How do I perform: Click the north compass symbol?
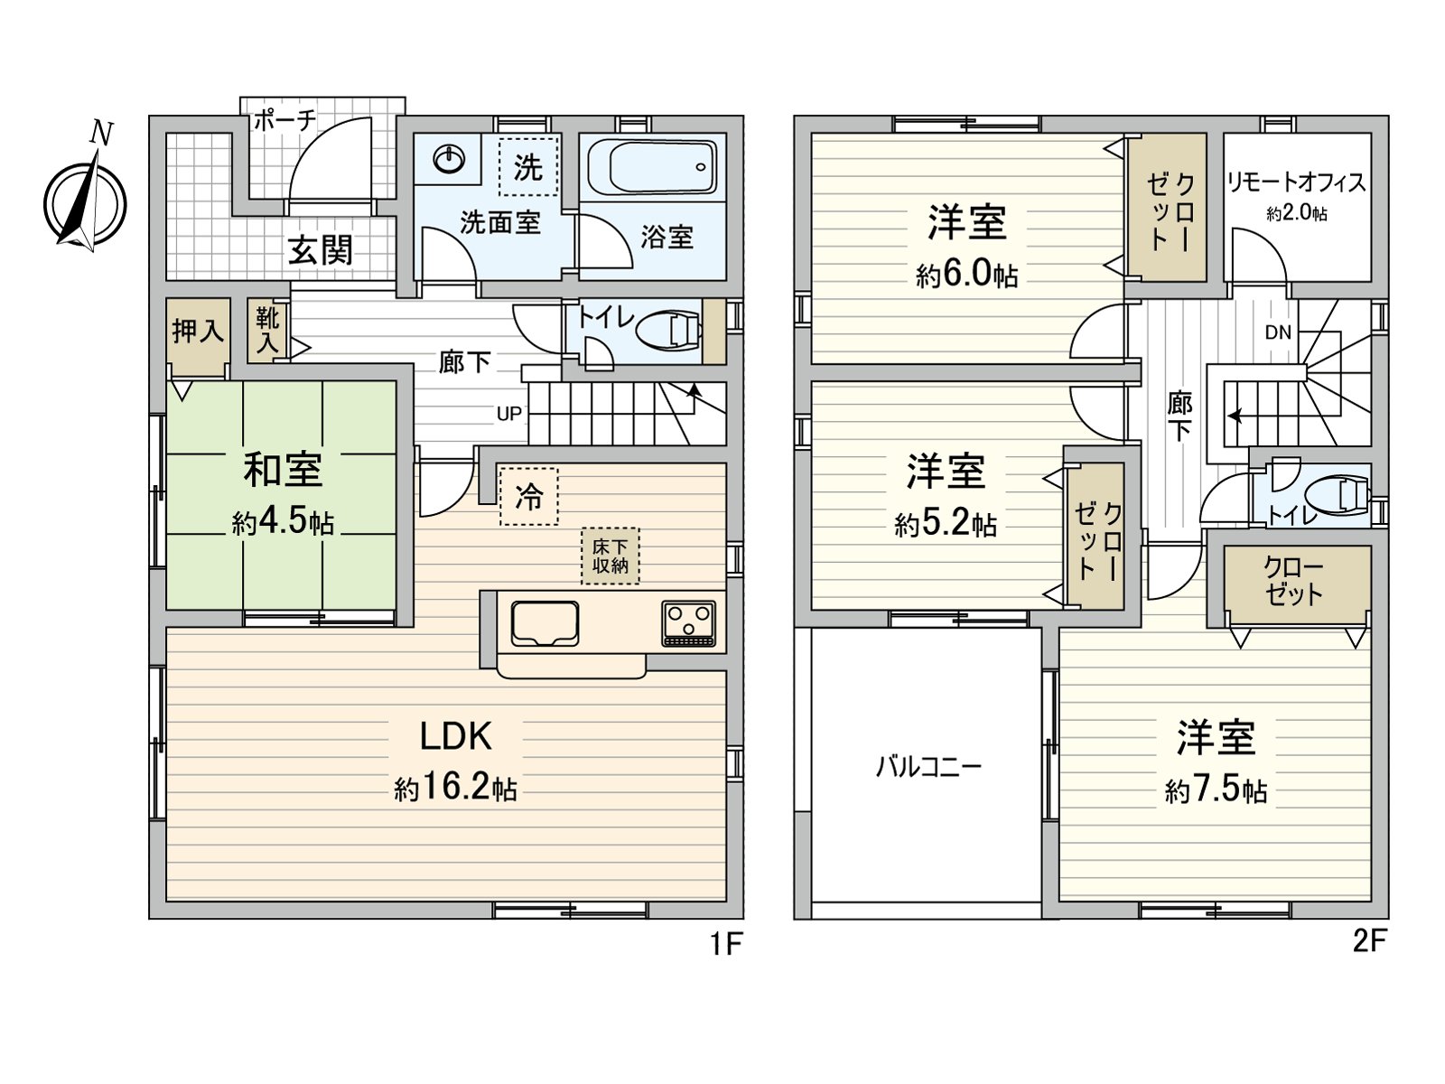[x=86, y=198]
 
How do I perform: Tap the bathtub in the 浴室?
[x=652, y=167]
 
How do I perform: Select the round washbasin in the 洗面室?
[x=450, y=159]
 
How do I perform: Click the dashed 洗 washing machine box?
[x=528, y=167]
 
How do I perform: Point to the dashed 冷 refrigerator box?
[x=528, y=496]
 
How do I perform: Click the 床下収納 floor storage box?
[x=610, y=556]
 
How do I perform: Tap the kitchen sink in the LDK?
[x=545, y=623]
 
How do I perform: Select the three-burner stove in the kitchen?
[x=688, y=623]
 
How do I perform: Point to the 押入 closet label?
[x=198, y=331]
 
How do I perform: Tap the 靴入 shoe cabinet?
[x=268, y=331]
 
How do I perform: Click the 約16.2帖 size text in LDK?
[x=455, y=788]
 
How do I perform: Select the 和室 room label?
[x=283, y=470]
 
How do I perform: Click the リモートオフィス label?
[x=1296, y=182]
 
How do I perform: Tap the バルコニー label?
[x=928, y=767]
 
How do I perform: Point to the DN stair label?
[x=1278, y=332]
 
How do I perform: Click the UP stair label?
[x=508, y=414]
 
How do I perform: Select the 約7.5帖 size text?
[x=1216, y=790]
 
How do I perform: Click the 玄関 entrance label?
[x=321, y=250]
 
